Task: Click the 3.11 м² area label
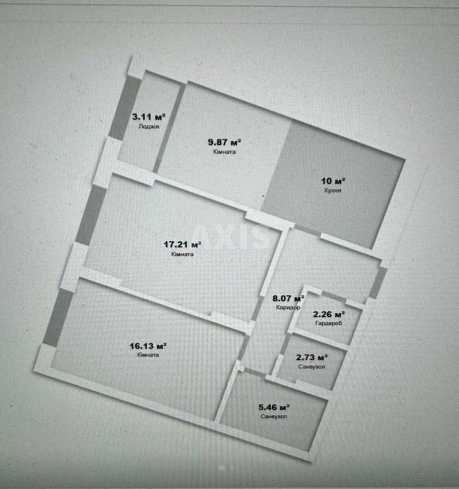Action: tap(149, 117)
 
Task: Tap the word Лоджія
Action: tap(149, 127)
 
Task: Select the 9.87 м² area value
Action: tap(224, 142)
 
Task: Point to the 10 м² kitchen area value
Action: tap(333, 181)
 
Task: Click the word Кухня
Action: tap(333, 191)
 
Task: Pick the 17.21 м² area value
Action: tap(183, 244)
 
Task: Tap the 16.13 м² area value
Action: tap(148, 346)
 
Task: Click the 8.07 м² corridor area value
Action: tap(288, 299)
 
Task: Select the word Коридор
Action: tap(288, 308)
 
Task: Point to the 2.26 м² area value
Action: tap(329, 314)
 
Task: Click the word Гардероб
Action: tap(329, 323)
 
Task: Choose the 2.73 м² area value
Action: tap(312, 357)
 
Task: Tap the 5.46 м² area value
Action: tap(274, 407)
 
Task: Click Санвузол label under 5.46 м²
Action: tap(274, 416)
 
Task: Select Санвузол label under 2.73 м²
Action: tap(312, 367)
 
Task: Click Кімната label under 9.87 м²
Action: tap(224, 152)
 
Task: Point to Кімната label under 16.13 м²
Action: tap(148, 355)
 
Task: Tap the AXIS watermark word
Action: tap(231, 237)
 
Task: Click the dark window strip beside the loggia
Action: tap(125, 108)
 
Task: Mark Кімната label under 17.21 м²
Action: tap(182, 254)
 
